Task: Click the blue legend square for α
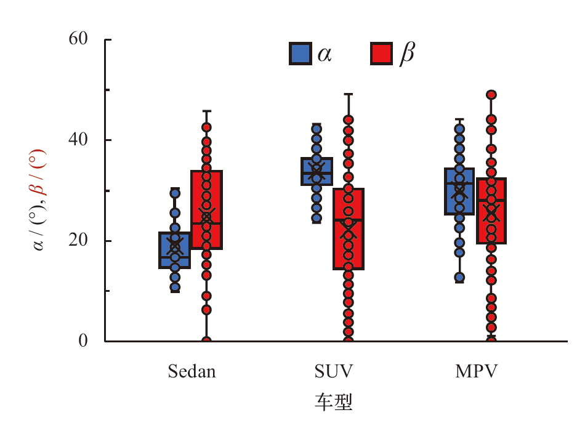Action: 300,54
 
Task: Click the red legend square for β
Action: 382,54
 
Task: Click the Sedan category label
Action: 192,372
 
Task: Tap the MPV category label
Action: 476,372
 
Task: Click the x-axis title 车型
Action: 333,403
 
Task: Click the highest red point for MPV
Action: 491,95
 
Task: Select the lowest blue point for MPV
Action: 459,278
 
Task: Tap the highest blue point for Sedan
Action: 175,193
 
